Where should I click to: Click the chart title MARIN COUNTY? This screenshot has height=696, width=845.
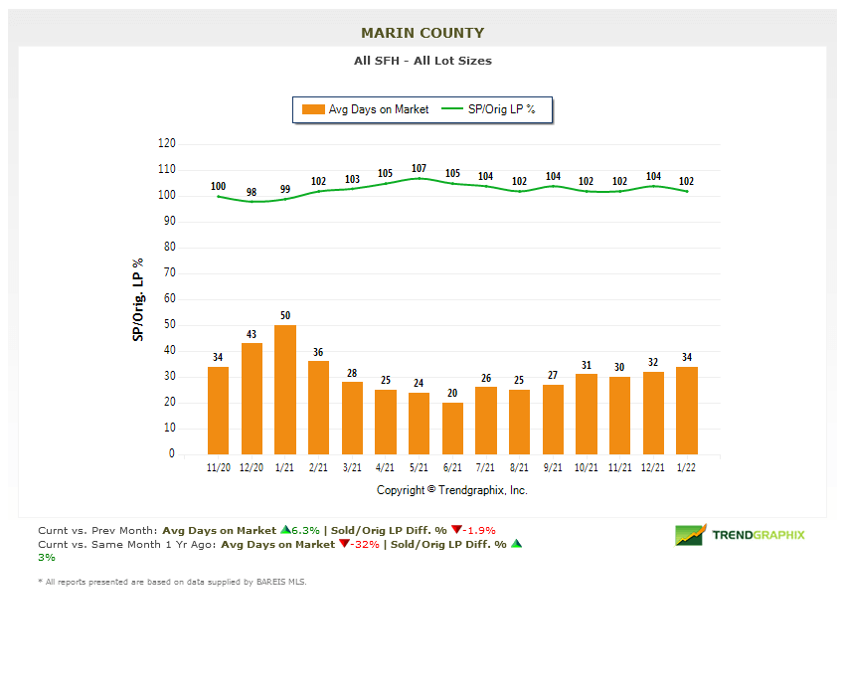[422, 33]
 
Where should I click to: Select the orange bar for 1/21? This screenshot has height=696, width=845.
[285, 390]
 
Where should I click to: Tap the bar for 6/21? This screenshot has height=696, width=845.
[452, 429]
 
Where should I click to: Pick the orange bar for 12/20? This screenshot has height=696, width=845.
[252, 399]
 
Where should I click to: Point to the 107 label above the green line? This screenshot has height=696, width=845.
[419, 168]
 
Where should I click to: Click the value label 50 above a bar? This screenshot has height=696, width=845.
[285, 315]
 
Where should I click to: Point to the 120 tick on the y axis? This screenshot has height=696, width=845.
[166, 143]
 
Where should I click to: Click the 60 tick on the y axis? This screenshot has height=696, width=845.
[169, 298]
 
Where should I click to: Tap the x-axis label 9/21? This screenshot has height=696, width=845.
[553, 467]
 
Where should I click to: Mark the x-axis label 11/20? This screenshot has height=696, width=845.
[218, 467]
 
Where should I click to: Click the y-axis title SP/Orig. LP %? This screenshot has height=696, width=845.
[138, 299]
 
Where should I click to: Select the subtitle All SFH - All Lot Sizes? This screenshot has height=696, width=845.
[422, 61]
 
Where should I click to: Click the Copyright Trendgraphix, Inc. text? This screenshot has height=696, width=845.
[452, 490]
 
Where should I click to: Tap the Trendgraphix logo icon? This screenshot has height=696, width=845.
[690, 535]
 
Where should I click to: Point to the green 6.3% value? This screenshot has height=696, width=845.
[303, 530]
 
